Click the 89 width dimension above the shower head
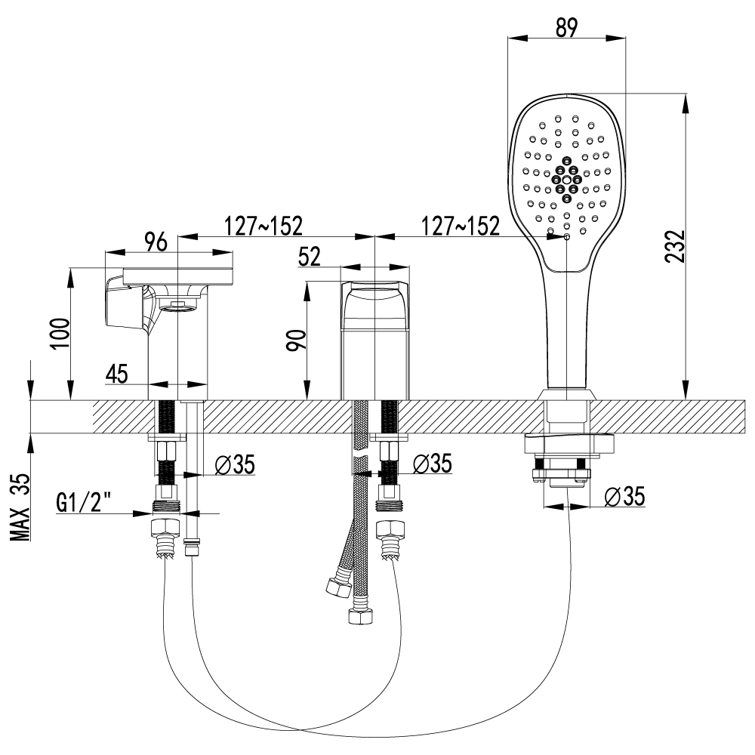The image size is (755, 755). tap(566, 28)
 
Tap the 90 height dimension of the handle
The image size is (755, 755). tap(296, 340)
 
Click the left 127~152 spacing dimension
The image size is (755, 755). tap(263, 225)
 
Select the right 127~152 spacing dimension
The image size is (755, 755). tap(460, 225)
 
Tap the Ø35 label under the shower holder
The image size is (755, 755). tap(624, 496)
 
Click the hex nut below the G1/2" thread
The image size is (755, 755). tap(165, 528)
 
